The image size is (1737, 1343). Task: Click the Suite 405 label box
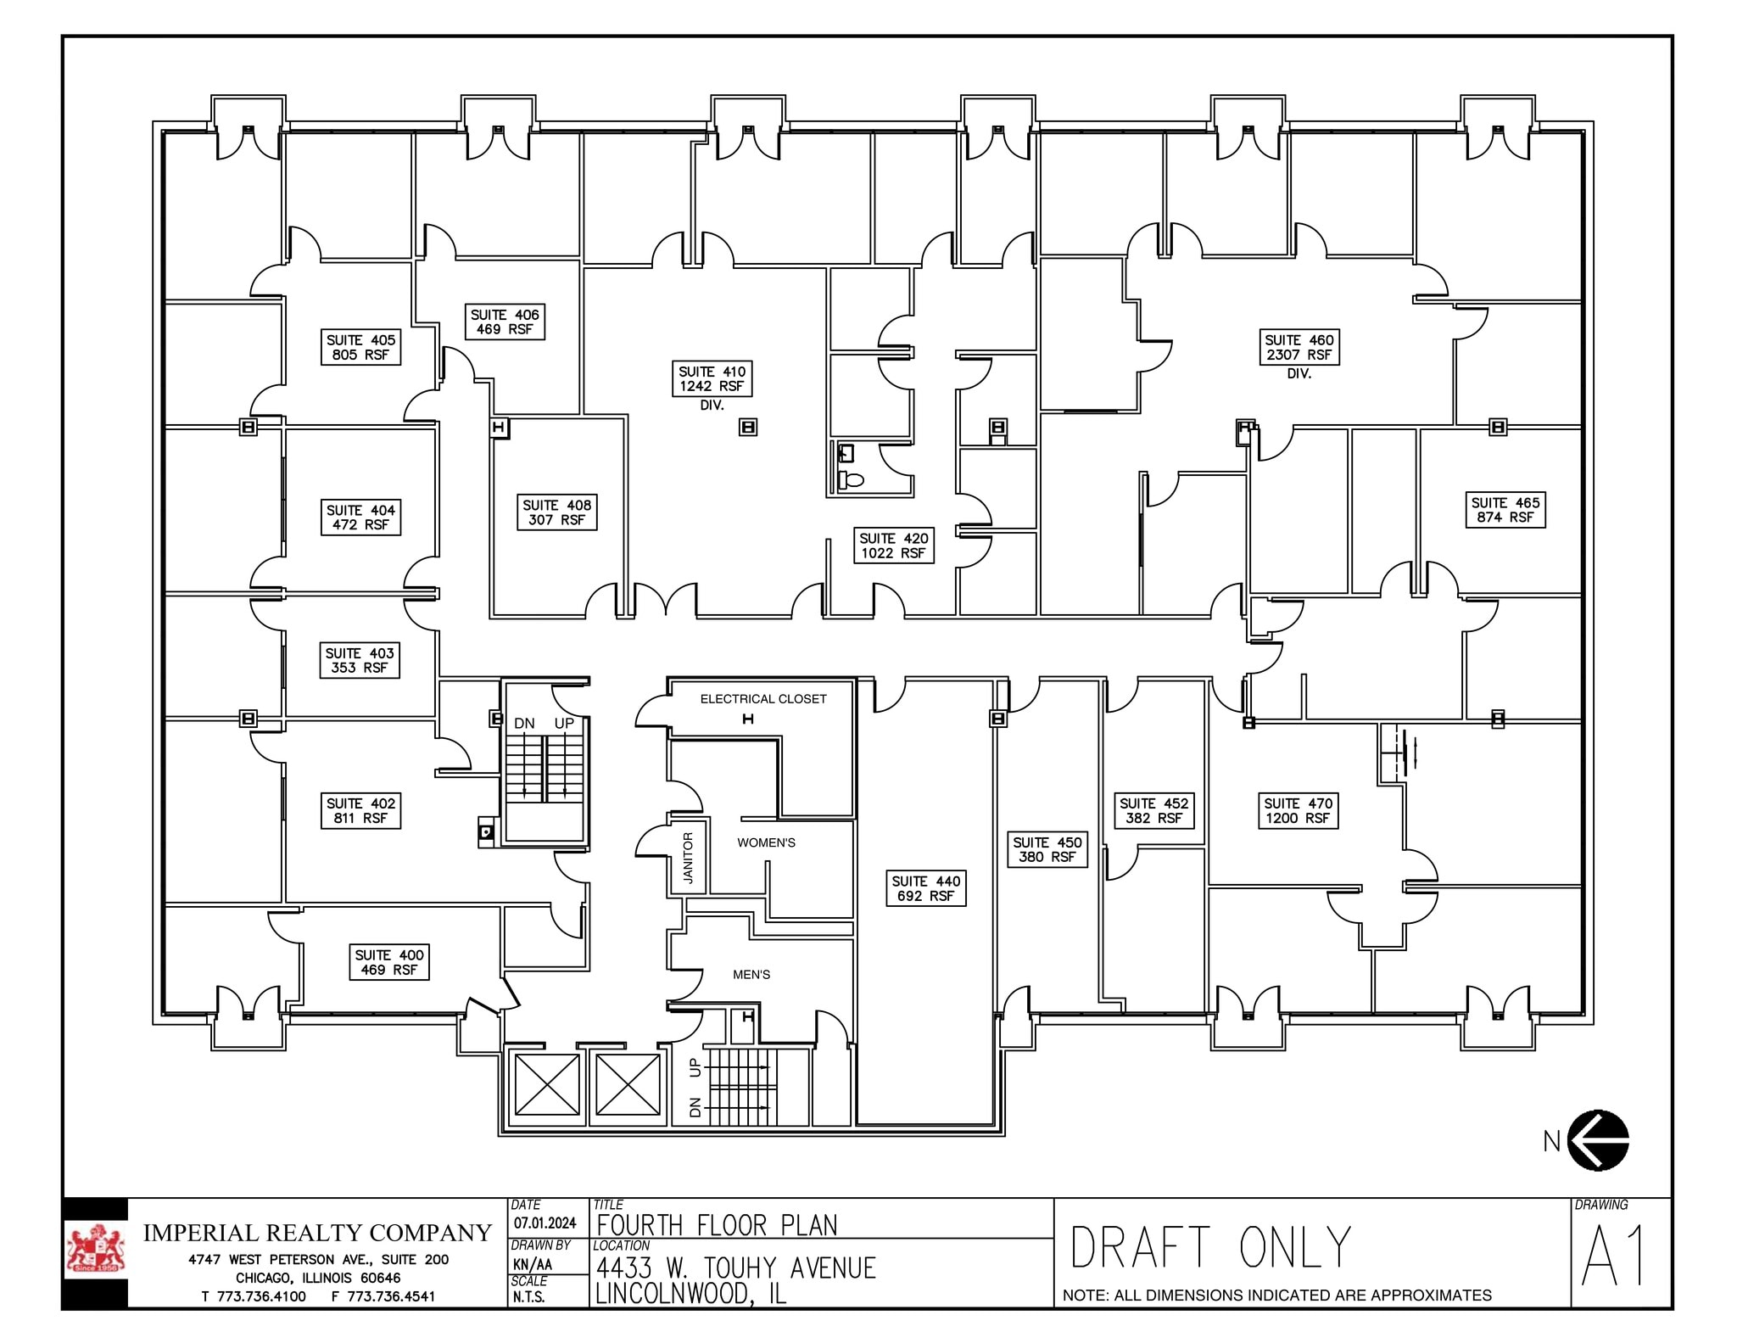(x=360, y=347)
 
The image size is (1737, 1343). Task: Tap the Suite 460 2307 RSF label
(x=1299, y=347)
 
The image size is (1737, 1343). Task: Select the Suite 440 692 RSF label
(x=925, y=888)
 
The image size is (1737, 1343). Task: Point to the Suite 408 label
(x=556, y=512)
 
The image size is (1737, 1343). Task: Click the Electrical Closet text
(x=762, y=699)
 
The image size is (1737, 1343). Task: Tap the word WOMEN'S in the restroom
(x=766, y=842)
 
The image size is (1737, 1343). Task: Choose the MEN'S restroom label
(x=751, y=975)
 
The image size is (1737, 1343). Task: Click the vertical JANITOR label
(x=688, y=858)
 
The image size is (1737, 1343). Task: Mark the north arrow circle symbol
(x=1598, y=1140)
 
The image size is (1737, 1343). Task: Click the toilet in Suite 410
(x=852, y=480)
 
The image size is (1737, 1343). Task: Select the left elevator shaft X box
(x=547, y=1084)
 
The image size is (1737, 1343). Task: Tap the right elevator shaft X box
(x=628, y=1084)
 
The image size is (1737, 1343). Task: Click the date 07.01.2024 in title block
(x=545, y=1223)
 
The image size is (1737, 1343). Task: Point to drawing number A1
(x=1614, y=1256)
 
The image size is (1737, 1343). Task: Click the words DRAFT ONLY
(x=1210, y=1247)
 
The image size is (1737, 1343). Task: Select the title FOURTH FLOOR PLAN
(x=717, y=1225)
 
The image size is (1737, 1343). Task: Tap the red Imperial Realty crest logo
(x=95, y=1251)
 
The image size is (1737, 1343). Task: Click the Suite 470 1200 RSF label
(x=1298, y=811)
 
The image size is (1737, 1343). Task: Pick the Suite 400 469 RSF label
(x=389, y=962)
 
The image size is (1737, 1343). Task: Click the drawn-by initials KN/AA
(x=533, y=1264)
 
